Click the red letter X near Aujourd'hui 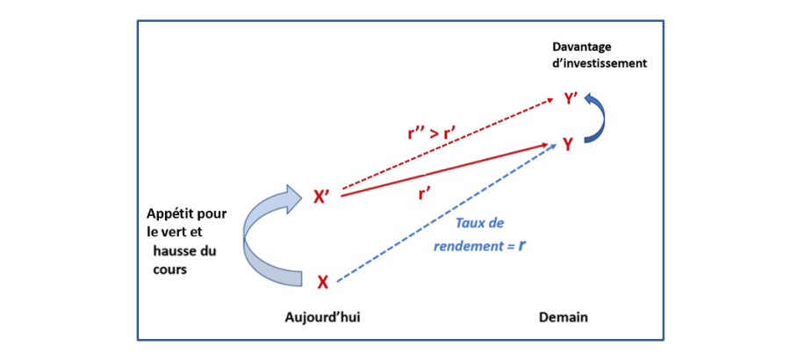tap(322, 282)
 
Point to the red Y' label tap(571, 98)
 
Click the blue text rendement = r tap(479, 247)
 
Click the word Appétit tap(170, 214)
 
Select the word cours tap(167, 270)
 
